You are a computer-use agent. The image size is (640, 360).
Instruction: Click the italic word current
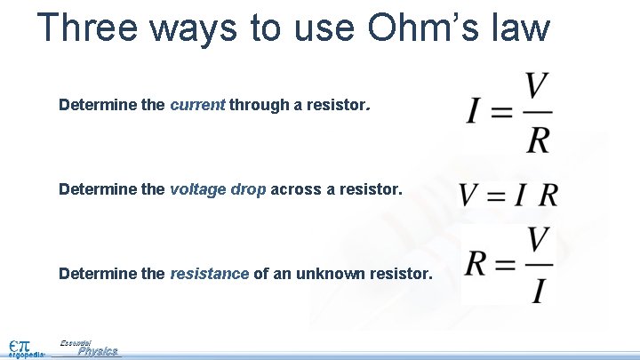(197, 105)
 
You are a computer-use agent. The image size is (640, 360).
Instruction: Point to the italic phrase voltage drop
(218, 189)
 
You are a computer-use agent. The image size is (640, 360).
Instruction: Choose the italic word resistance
(210, 274)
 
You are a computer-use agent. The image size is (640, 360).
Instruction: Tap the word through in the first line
(257, 105)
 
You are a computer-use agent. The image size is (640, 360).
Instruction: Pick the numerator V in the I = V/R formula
(536, 87)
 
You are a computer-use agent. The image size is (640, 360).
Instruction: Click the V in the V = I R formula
(470, 195)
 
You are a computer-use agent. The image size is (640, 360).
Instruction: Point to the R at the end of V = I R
(549, 195)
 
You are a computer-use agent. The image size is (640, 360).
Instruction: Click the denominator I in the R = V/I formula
(537, 291)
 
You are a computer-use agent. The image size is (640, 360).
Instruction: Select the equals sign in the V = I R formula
(496, 195)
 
